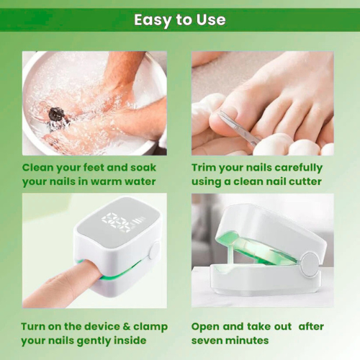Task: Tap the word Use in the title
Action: [x=210, y=19]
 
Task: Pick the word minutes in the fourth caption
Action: [x=249, y=340]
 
